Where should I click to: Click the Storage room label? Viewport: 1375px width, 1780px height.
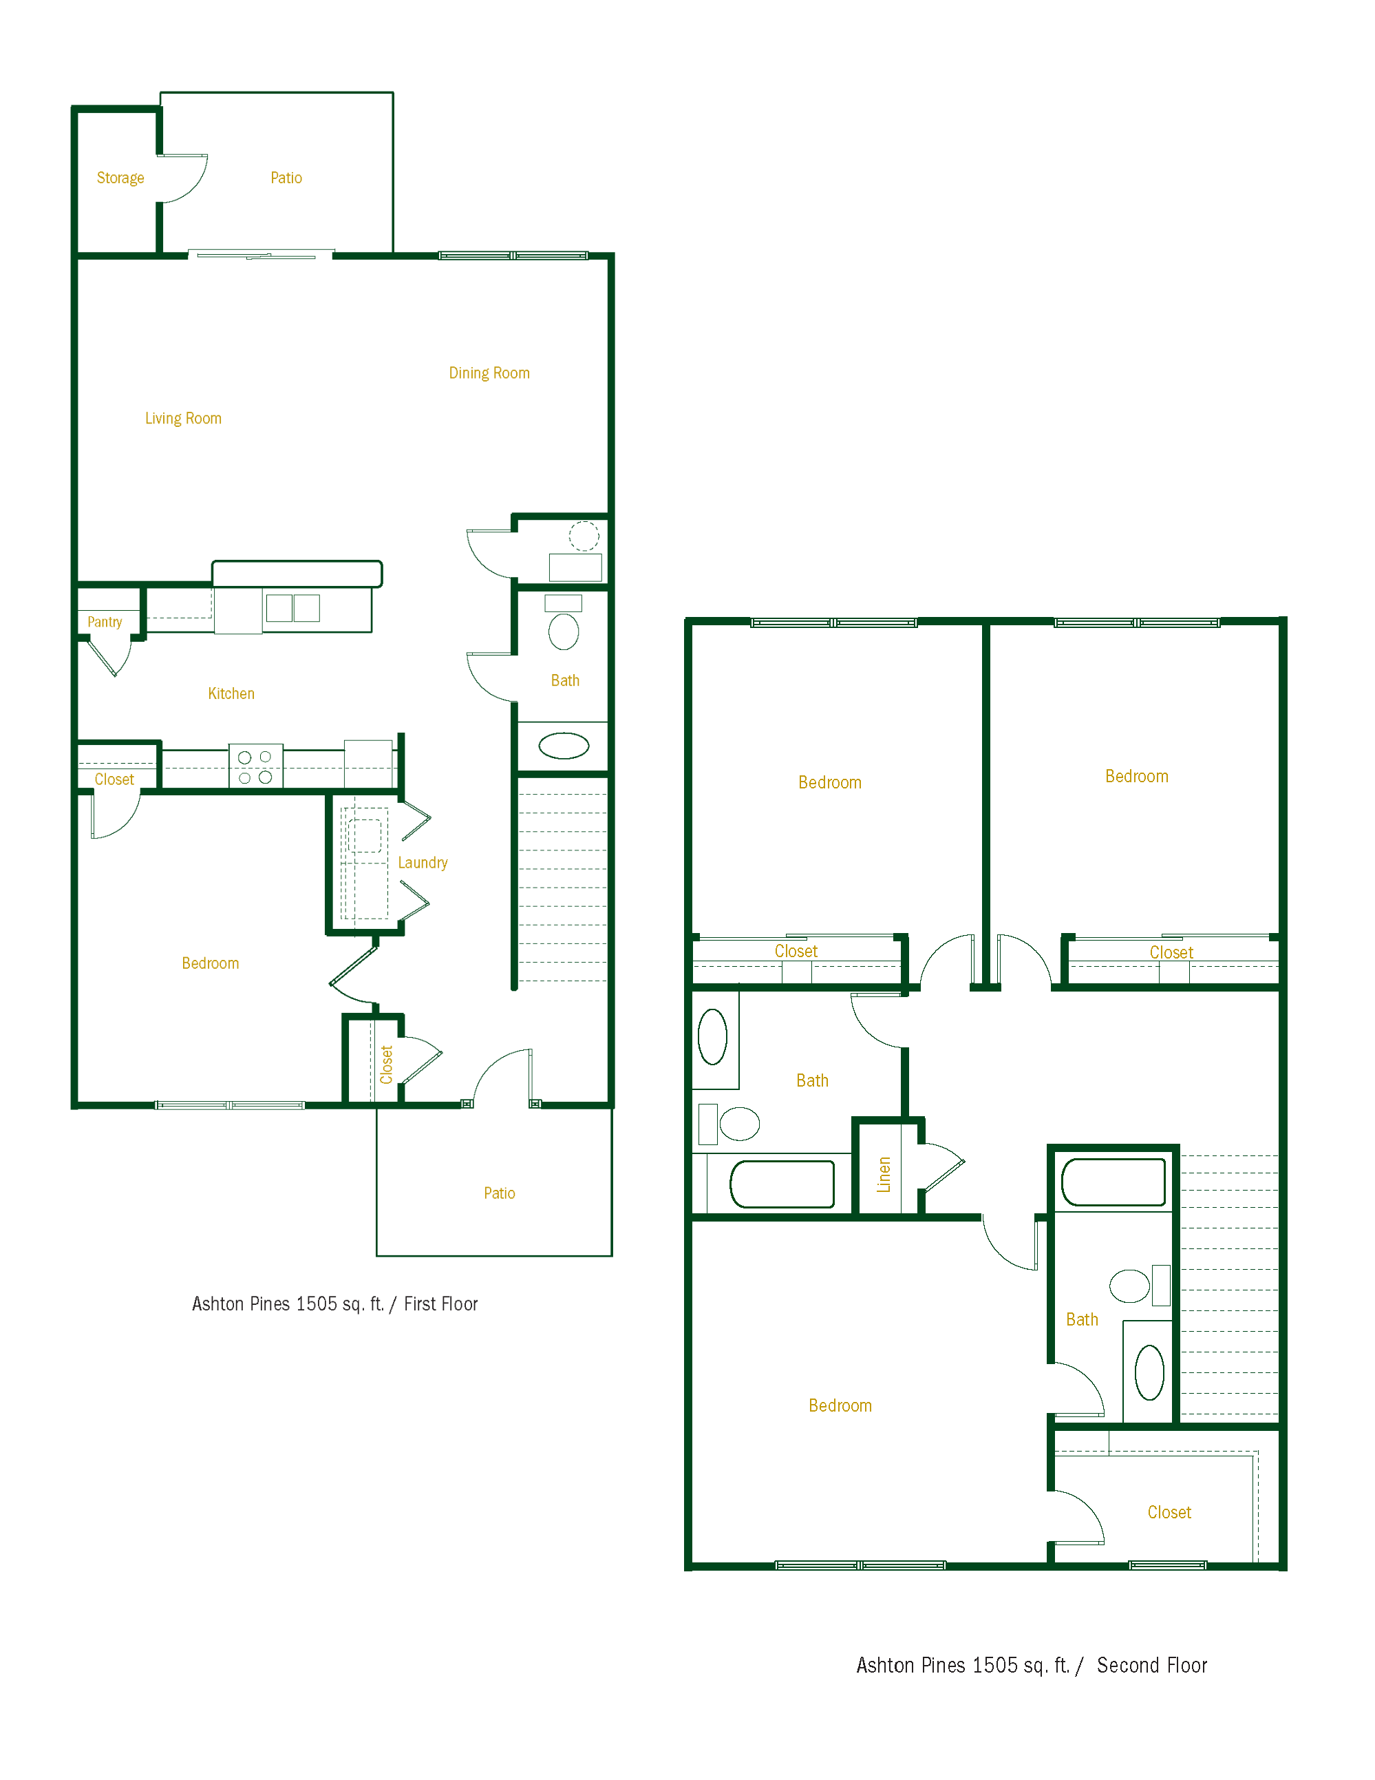tap(120, 178)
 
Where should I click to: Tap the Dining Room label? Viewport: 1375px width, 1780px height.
tap(489, 373)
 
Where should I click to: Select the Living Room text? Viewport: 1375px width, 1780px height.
tap(183, 418)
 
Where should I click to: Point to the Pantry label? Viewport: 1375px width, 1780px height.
tap(105, 622)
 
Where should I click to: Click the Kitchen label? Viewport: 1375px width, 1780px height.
tap(231, 693)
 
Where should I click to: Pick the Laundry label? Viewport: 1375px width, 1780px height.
tap(422, 862)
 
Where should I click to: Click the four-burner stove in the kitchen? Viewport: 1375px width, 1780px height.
tap(255, 766)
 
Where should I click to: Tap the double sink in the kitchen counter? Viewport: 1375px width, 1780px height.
tap(292, 608)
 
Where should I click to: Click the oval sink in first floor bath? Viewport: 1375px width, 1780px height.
tap(564, 746)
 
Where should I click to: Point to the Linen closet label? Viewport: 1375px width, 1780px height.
tap(884, 1175)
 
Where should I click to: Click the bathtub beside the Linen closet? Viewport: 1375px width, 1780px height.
tap(782, 1184)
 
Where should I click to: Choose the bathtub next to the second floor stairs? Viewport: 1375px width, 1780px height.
tap(1113, 1182)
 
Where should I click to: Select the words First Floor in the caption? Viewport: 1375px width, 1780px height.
tap(440, 1304)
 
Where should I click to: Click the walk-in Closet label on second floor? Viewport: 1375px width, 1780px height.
tap(1169, 1513)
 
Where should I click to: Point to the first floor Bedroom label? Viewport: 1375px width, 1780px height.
tap(210, 963)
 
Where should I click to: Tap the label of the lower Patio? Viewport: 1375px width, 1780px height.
tap(500, 1193)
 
